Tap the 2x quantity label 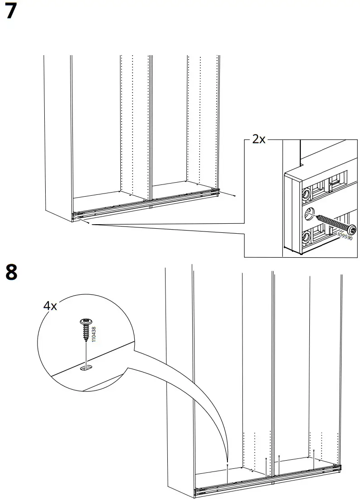pyautogui.click(x=258, y=139)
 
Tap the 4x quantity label pyautogui.click(x=50, y=306)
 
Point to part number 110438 pyautogui.click(x=94, y=335)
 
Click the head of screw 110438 pyautogui.click(x=85, y=322)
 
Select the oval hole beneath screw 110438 pyautogui.click(x=85, y=369)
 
